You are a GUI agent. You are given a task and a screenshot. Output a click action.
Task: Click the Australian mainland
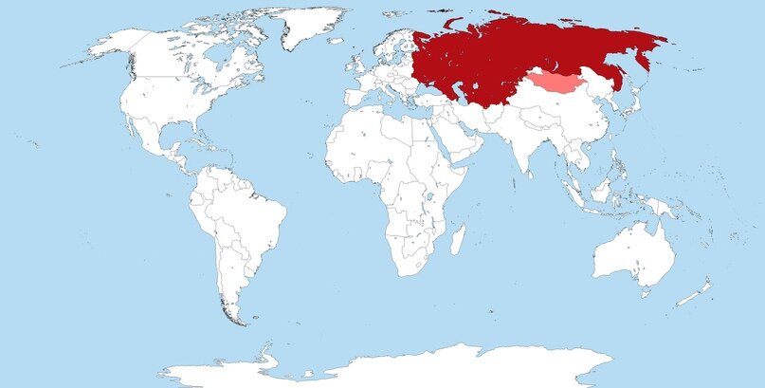(x=633, y=254)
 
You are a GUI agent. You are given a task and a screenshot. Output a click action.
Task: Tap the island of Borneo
(x=598, y=190)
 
